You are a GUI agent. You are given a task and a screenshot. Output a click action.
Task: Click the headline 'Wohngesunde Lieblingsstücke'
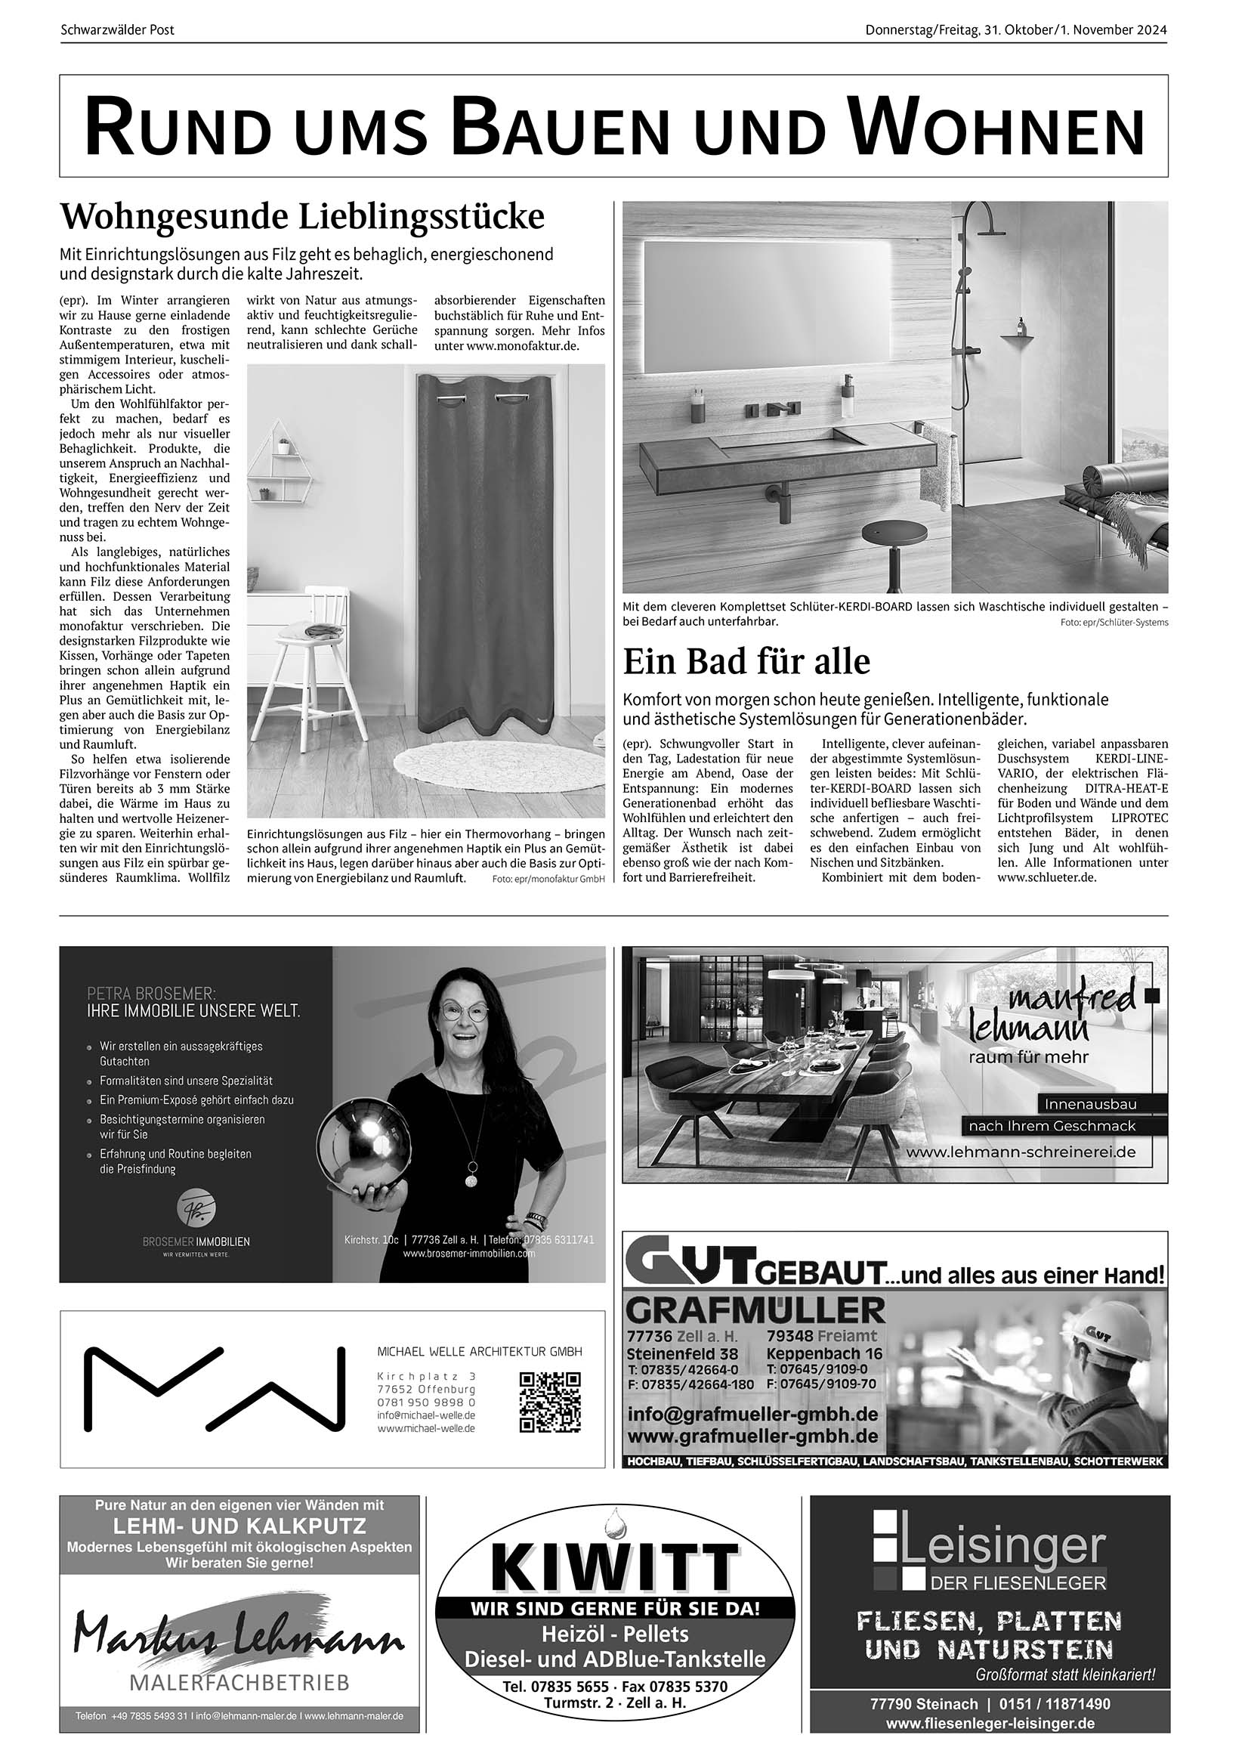(x=302, y=217)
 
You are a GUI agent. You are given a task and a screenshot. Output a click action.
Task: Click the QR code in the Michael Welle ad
(x=549, y=1402)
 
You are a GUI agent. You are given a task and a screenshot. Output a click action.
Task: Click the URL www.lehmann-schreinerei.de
(x=1021, y=1152)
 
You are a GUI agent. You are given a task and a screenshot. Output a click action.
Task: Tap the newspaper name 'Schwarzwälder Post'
(x=117, y=30)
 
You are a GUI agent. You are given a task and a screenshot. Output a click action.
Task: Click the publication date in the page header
(x=1015, y=30)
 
